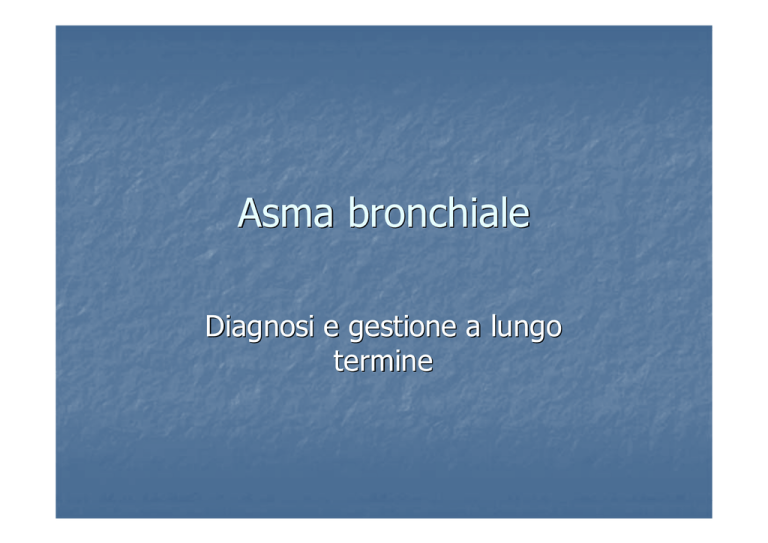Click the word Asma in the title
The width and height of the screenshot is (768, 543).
[286, 213]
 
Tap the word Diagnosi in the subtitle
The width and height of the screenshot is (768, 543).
[260, 327]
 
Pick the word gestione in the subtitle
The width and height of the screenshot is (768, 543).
[402, 327]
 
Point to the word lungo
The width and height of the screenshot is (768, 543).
[526, 327]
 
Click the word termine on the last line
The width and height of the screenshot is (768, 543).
[384, 361]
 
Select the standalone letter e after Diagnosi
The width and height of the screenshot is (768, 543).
[331, 328]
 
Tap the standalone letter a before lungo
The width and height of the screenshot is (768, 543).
[473, 328]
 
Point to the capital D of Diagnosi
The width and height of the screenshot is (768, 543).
[214, 326]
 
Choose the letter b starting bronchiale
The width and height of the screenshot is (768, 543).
[358, 212]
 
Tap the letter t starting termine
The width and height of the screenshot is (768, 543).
[338, 362]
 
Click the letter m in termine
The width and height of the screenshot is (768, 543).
[383, 364]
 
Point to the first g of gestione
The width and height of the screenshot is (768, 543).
[355, 331]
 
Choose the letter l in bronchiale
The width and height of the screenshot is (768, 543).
[504, 212]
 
